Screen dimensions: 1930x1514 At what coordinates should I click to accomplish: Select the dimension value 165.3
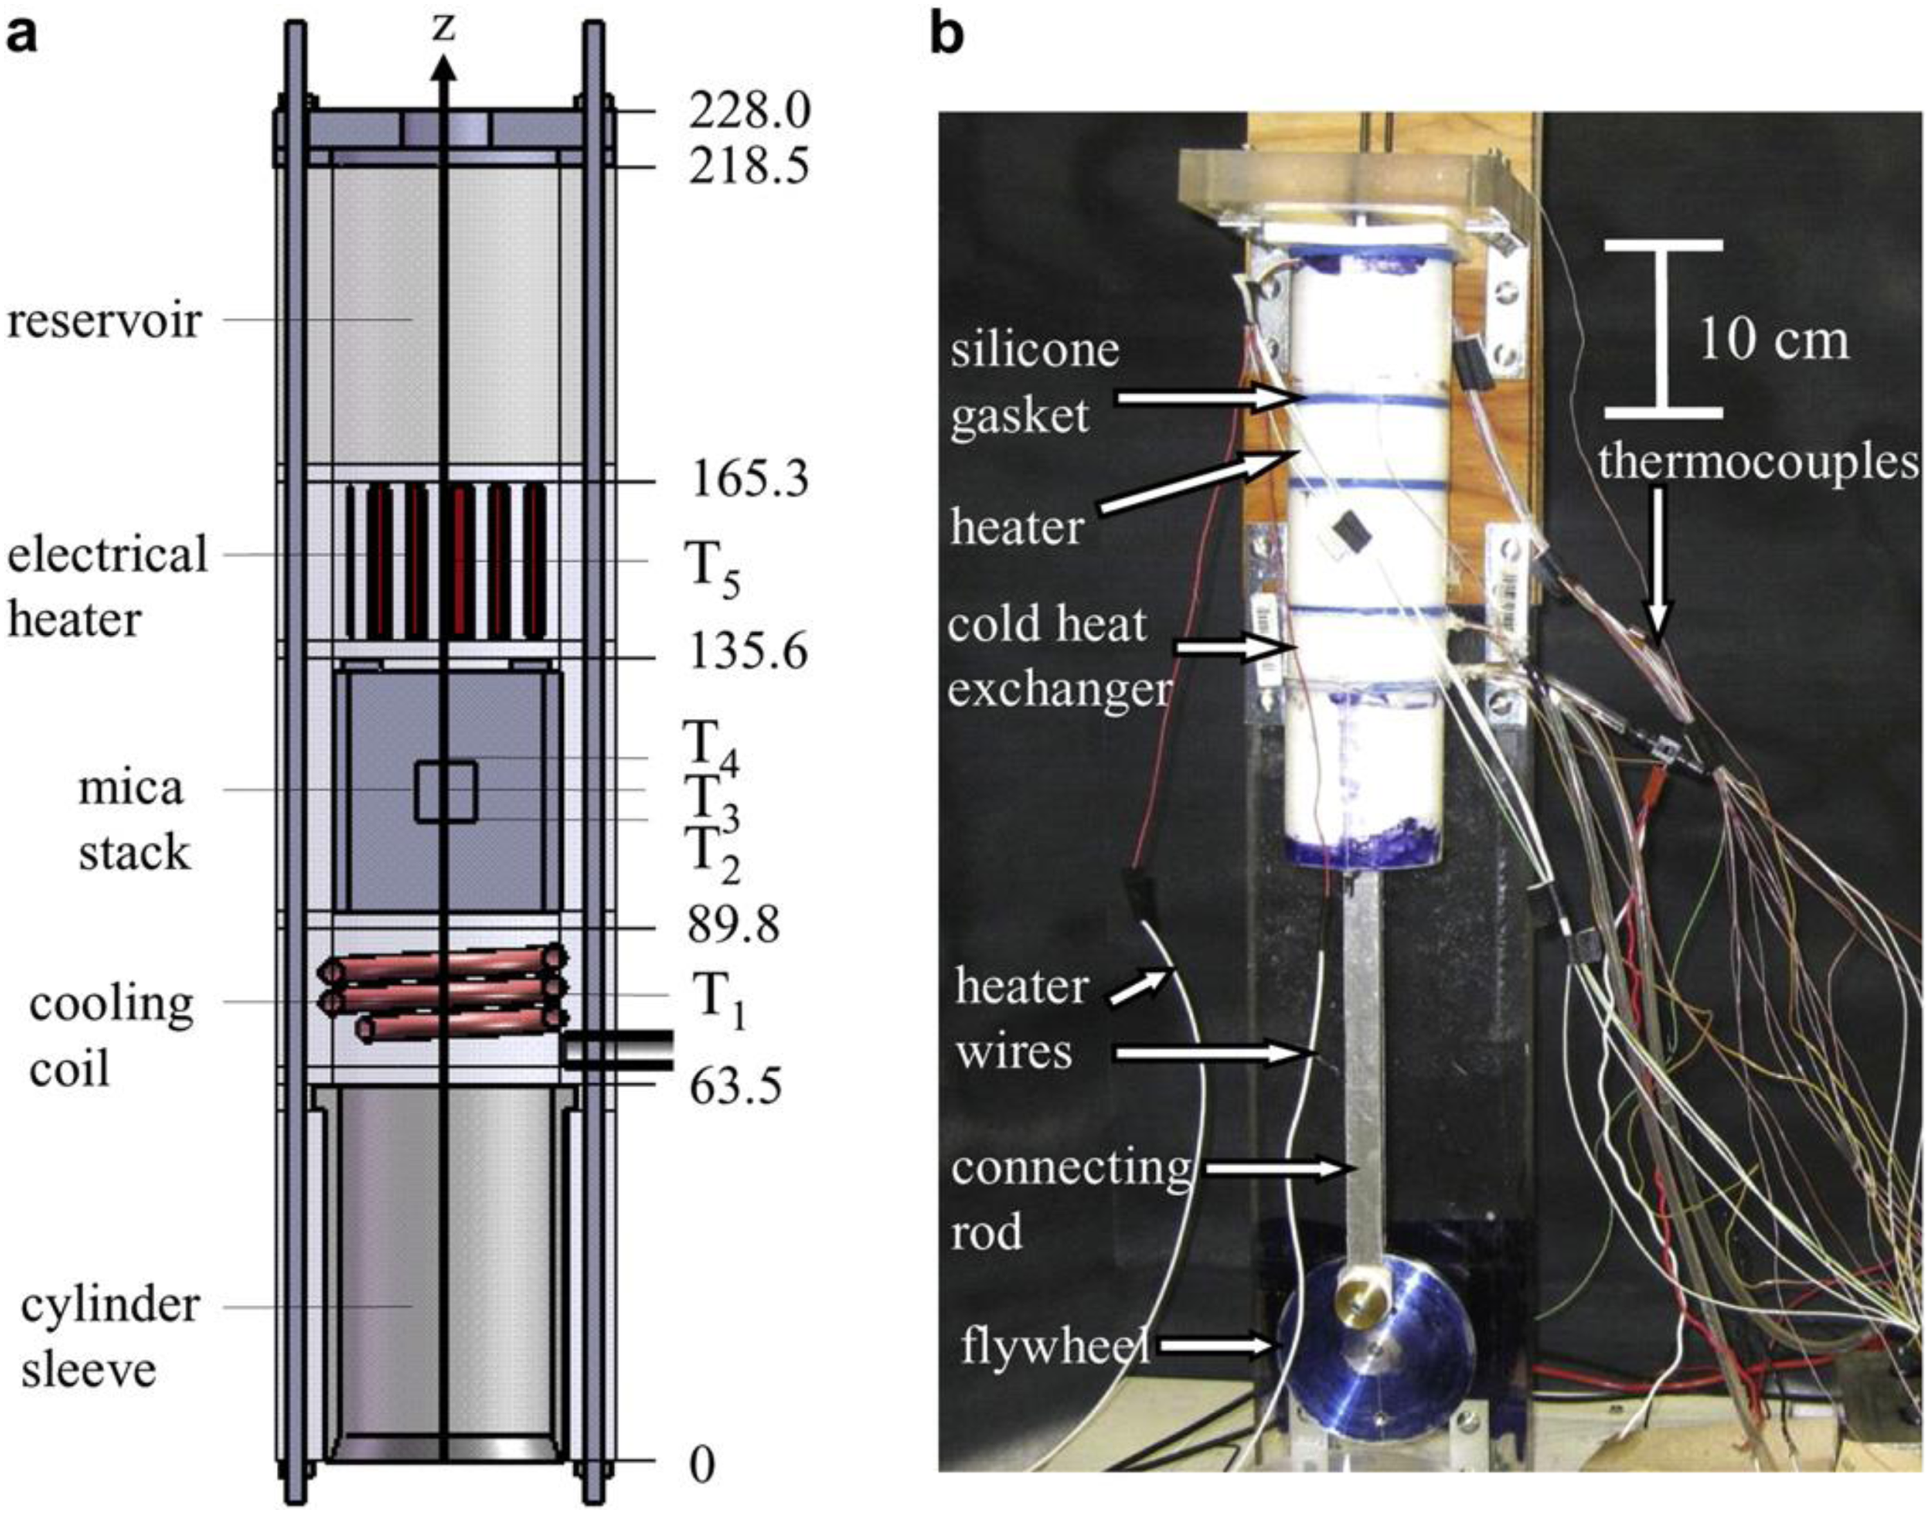(x=749, y=481)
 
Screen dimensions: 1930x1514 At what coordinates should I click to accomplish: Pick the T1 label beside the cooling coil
(x=718, y=1002)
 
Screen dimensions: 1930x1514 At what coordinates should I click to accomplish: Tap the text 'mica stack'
(x=133, y=820)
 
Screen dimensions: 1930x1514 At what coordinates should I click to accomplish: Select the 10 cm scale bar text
(x=1774, y=340)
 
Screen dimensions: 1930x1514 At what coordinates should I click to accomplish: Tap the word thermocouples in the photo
(x=1759, y=462)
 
